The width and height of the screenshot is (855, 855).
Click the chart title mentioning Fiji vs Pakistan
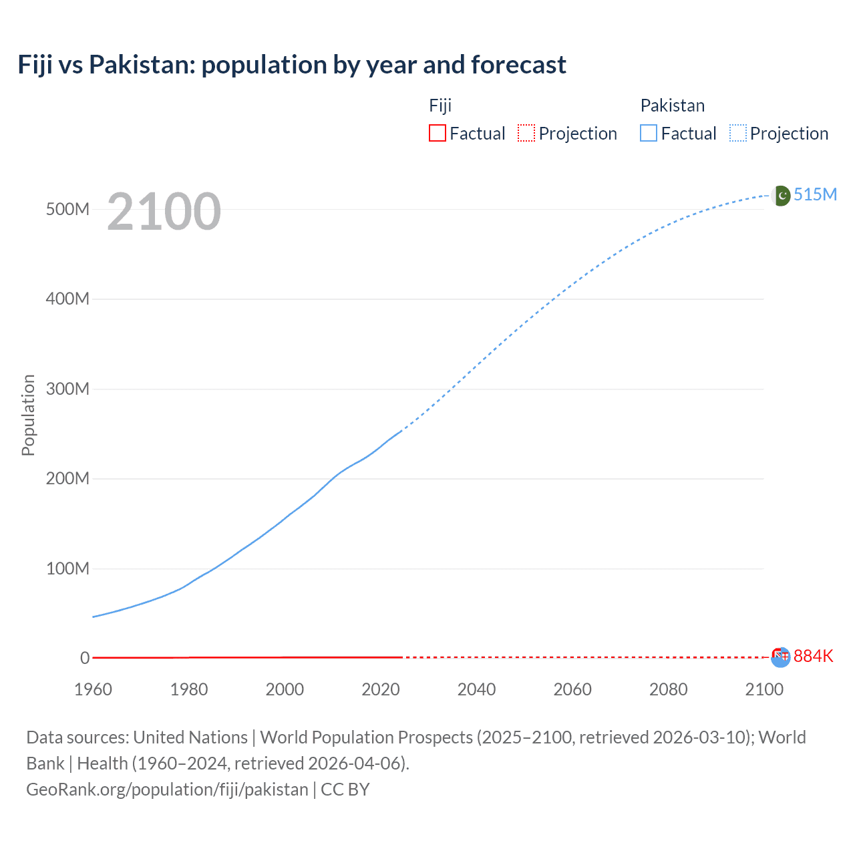[x=292, y=65]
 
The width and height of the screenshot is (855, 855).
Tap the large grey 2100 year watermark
[x=164, y=212]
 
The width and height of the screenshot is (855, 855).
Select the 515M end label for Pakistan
[x=815, y=194]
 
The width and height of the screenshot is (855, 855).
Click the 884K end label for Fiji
[x=814, y=656]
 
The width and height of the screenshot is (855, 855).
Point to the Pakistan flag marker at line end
[x=781, y=196]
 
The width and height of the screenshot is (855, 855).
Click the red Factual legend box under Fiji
[x=437, y=134]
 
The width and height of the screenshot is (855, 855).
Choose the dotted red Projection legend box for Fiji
[x=526, y=134]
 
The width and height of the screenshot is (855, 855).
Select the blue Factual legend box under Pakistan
[x=648, y=134]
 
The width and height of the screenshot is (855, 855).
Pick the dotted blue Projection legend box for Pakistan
[x=738, y=134]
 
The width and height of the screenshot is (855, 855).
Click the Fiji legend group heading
[x=440, y=106]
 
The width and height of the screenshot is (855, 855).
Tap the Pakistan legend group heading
[x=672, y=106]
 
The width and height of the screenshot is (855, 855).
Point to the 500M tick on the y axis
[x=67, y=209]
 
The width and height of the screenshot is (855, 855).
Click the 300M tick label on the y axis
[x=67, y=389]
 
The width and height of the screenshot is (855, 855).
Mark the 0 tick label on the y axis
[x=85, y=658]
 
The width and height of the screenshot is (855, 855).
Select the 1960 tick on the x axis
[x=93, y=689]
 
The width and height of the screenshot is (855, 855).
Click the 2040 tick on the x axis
[x=476, y=689]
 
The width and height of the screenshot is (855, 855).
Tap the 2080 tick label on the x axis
[x=668, y=689]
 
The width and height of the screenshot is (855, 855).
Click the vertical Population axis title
[x=28, y=415]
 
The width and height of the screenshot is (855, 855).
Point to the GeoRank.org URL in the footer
[x=167, y=790]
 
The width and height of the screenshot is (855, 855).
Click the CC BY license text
[x=345, y=790]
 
